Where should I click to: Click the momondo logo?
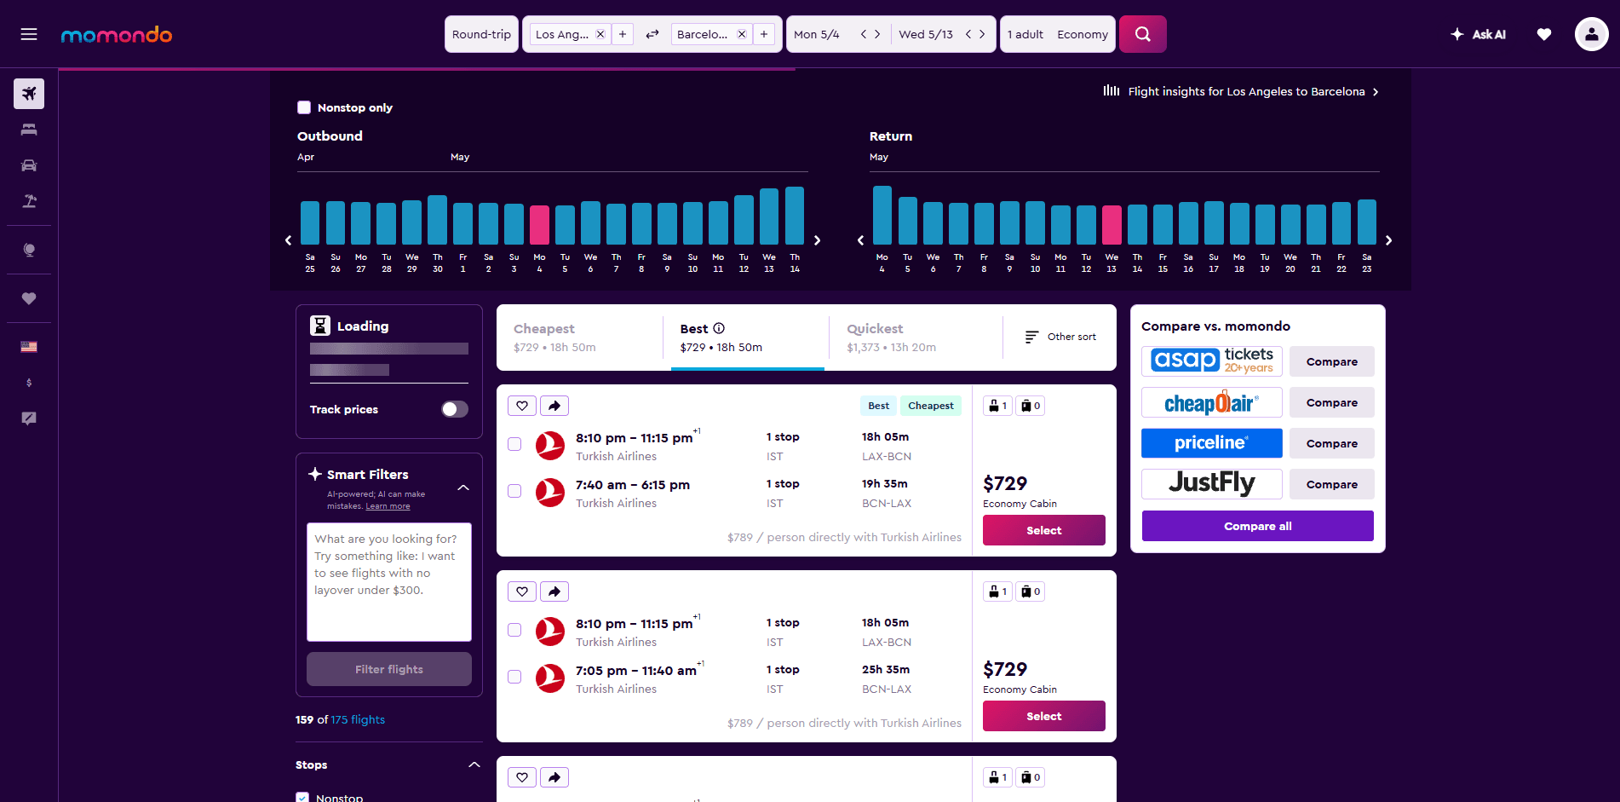[x=117, y=35]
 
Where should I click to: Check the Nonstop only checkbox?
[x=304, y=107]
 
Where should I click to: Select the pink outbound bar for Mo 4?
[x=539, y=225]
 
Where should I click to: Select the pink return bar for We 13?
[x=1112, y=225]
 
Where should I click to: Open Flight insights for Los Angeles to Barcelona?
[x=1245, y=91]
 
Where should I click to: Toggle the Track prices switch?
[x=454, y=409]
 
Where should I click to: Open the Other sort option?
[x=1060, y=337]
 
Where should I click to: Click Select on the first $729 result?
[x=1043, y=530]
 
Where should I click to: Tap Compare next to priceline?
[x=1331, y=443]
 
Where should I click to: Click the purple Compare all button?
[x=1257, y=526]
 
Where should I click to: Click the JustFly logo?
[x=1211, y=483]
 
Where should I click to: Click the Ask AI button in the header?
[x=1479, y=34]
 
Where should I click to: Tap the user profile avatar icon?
[x=1591, y=34]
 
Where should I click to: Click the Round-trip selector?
[x=481, y=34]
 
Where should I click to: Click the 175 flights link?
[x=358, y=719]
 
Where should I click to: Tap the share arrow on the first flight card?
[x=554, y=406]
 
